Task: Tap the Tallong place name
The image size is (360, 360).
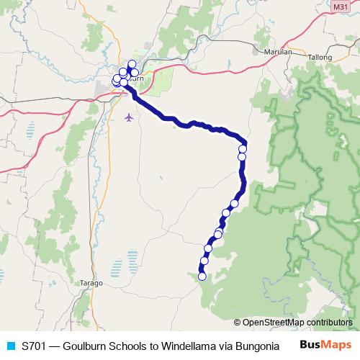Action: tap(319, 56)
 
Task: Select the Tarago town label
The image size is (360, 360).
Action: tap(92, 283)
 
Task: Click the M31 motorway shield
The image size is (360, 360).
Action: tap(341, 6)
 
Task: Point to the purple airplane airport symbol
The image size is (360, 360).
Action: tap(129, 117)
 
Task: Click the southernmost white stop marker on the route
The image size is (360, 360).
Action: tap(202, 276)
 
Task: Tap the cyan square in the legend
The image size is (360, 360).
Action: tap(11, 345)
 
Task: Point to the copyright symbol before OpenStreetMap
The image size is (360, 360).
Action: tap(238, 323)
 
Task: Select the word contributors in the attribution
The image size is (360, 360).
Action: tap(328, 323)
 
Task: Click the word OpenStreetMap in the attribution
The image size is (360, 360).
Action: tap(272, 323)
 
